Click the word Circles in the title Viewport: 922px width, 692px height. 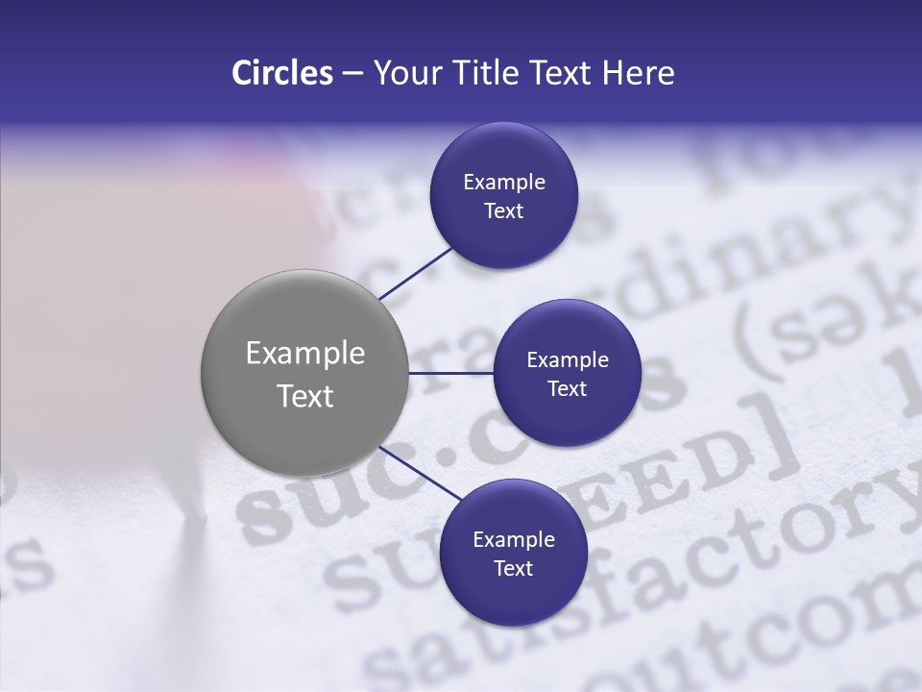coord(282,73)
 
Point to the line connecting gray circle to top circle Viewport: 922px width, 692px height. coord(415,273)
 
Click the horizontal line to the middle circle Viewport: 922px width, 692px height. coord(451,373)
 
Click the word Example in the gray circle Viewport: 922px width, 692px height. coord(305,354)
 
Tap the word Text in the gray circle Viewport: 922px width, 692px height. coord(305,396)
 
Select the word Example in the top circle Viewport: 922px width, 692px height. coord(504,182)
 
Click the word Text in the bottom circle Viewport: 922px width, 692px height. coord(513,568)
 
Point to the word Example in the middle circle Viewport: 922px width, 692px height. coord(567,359)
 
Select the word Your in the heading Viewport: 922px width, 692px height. coord(403,73)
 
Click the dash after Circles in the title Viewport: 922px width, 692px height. coord(352,73)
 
